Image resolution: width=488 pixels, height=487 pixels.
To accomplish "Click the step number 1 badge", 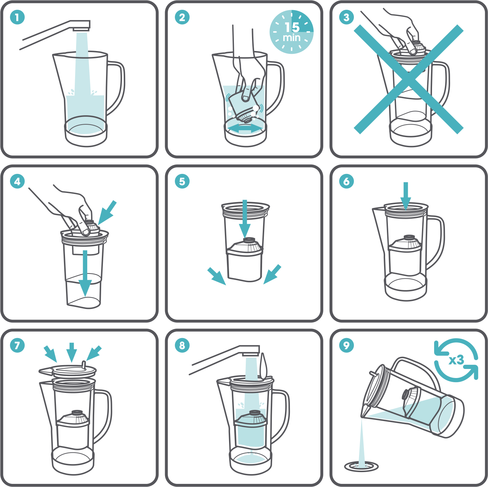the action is [17, 17].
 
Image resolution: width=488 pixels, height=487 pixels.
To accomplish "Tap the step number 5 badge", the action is [182, 181].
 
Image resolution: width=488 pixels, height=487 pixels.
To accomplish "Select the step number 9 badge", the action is [347, 345].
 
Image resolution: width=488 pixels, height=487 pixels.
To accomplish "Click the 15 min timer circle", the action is [292, 32].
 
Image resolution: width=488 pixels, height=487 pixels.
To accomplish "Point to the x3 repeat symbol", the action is [456, 360].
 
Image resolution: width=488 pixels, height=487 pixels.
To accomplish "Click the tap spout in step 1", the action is [81, 26].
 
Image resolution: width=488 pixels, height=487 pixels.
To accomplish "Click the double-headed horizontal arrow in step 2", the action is [244, 128].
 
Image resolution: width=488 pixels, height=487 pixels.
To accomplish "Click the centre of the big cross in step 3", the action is [408, 79].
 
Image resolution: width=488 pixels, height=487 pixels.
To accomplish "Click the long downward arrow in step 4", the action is [85, 273].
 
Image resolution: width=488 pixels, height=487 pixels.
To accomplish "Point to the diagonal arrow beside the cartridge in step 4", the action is [107, 213].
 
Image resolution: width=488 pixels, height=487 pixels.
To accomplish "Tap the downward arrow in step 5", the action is [244, 219].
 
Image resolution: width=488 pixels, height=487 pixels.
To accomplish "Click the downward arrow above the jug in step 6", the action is [406, 196].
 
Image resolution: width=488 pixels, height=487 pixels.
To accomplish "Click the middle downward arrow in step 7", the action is [72, 352].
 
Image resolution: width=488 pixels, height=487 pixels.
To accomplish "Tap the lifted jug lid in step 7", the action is [68, 370].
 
